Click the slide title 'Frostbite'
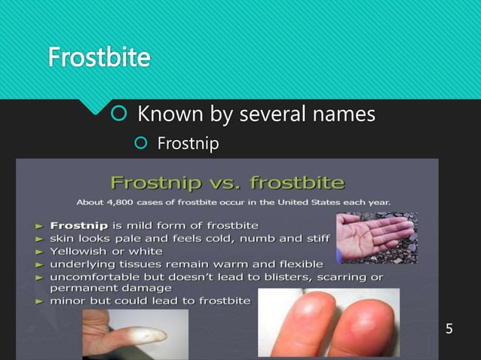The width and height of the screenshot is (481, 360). pos(99,56)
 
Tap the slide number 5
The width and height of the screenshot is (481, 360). pos(449,329)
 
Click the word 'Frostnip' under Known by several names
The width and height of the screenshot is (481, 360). pos(188,142)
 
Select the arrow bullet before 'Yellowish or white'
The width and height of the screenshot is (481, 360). pos(38,251)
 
